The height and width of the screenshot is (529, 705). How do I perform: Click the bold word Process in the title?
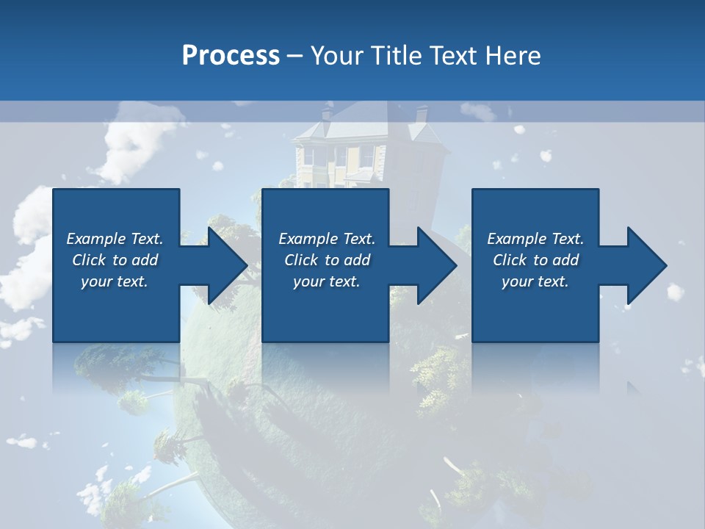231,56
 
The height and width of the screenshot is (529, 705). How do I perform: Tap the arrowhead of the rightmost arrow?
649,265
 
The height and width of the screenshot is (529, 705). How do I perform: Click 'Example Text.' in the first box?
115,239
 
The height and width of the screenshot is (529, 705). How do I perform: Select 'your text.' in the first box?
115,281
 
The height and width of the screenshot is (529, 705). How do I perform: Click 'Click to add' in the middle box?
327,260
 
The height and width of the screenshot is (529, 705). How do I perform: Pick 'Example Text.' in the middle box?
327,239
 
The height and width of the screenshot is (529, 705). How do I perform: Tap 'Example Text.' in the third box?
535,239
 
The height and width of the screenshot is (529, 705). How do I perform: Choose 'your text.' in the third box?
535,281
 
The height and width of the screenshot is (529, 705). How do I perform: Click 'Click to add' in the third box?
535,260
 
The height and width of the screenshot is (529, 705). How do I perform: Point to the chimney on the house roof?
422,114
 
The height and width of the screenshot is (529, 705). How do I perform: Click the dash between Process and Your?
295,56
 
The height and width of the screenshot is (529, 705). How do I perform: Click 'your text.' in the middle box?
327,281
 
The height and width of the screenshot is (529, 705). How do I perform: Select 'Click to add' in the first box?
115,260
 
